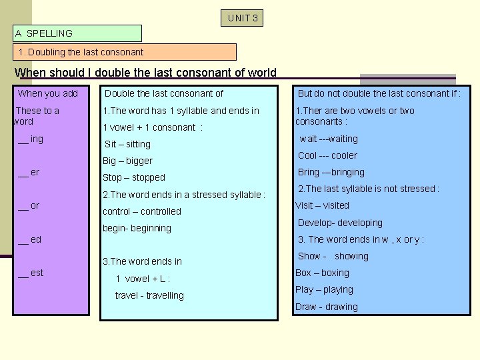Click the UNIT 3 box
point(242,18)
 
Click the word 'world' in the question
point(259,73)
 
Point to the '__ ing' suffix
point(31,139)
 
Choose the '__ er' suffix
point(29,172)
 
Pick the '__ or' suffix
point(29,205)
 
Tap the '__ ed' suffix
point(29,239)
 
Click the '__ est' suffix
point(31,272)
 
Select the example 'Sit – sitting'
point(127,144)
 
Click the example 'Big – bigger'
point(127,161)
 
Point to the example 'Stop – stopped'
point(133,177)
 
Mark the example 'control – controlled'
point(141,211)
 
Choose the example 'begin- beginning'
point(137,228)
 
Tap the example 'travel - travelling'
point(149,295)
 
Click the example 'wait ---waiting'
point(329,139)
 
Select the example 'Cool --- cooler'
point(327,155)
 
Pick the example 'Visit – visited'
point(322,205)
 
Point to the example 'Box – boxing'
point(322,273)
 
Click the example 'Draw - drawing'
point(327,307)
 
